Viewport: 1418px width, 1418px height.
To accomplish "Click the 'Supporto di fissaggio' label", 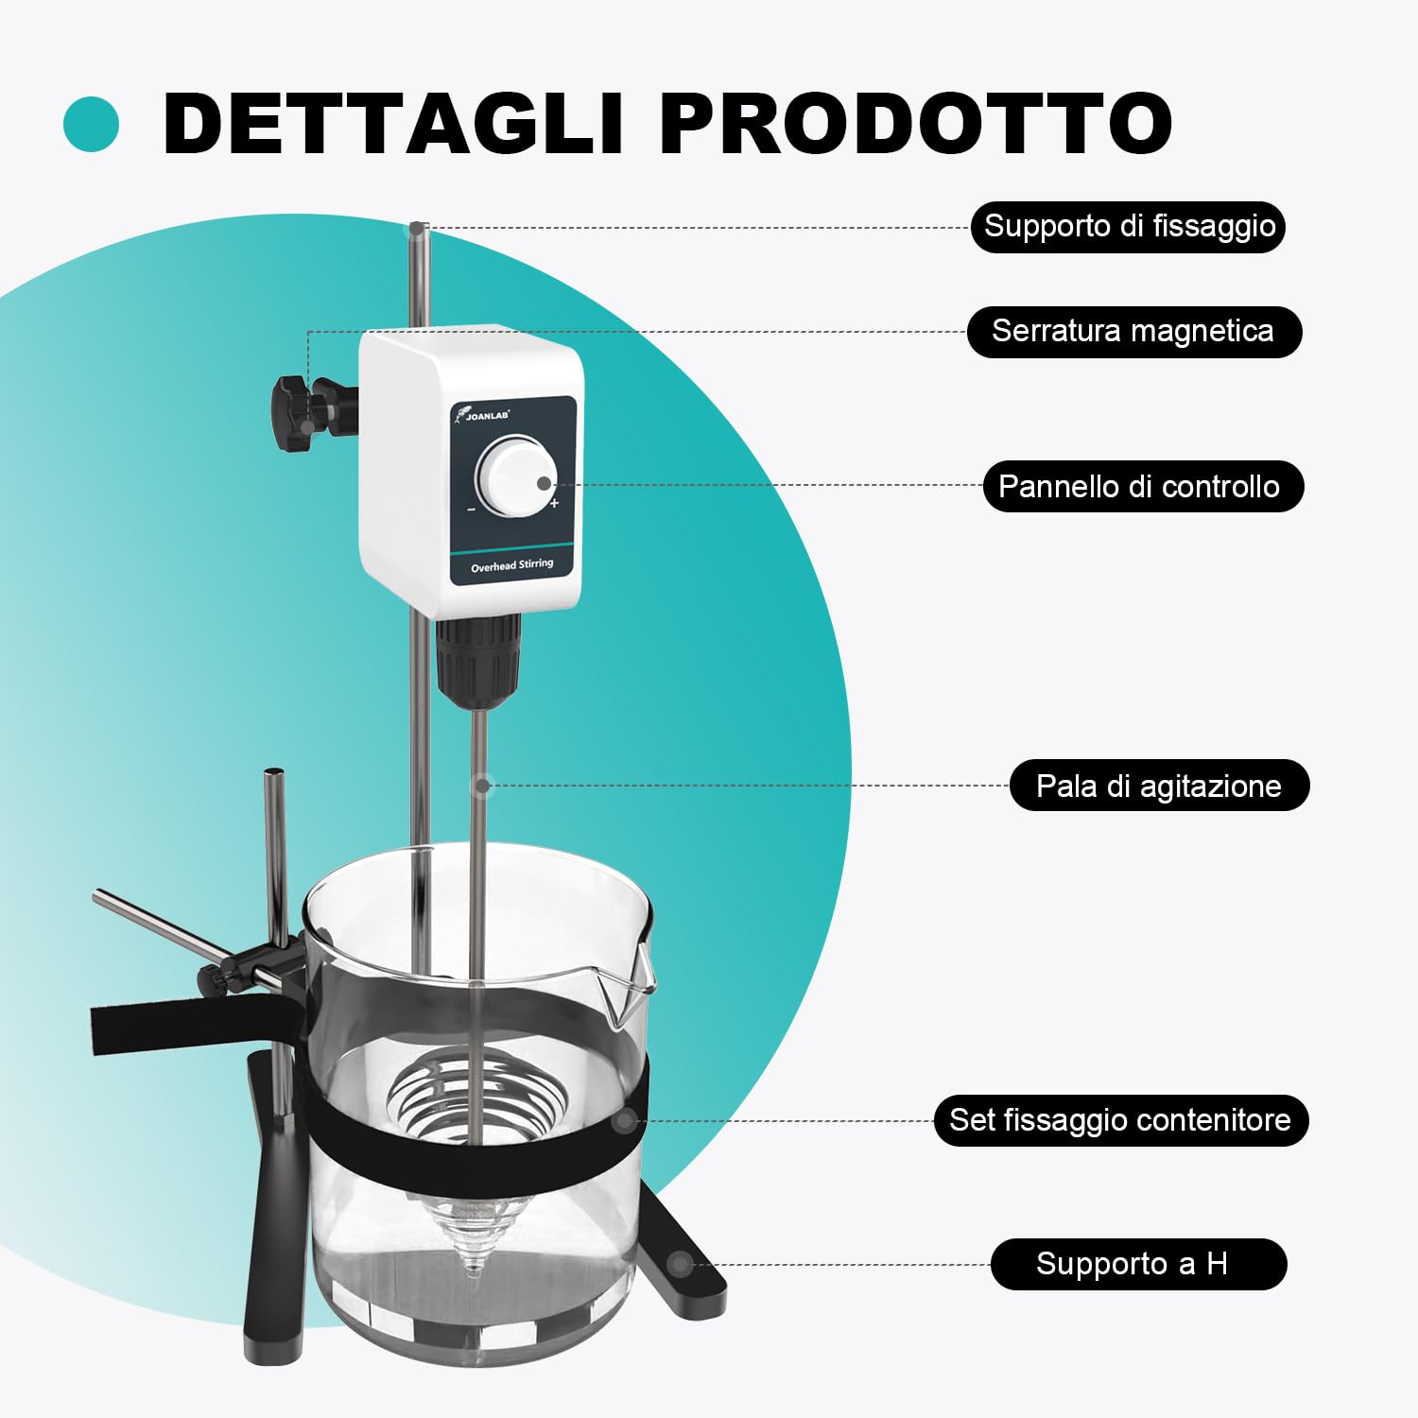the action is [x=1128, y=227].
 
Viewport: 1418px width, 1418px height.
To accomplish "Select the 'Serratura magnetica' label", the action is [x=1133, y=332].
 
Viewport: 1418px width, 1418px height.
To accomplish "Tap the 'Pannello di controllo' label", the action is [x=1143, y=487].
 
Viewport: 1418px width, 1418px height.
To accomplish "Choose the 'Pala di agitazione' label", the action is [x=1159, y=786].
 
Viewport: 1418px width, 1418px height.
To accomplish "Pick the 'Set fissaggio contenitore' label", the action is [x=1121, y=1120].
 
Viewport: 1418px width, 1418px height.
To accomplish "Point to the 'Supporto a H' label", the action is [x=1138, y=1264].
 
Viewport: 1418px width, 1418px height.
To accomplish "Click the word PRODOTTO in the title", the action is [x=916, y=124].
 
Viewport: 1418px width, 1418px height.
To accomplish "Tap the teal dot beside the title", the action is [x=92, y=125].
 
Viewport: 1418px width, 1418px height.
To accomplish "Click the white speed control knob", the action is [x=515, y=476].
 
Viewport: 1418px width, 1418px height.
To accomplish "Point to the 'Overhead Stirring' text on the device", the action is [x=512, y=565].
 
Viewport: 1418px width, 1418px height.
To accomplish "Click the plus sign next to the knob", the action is [x=554, y=503].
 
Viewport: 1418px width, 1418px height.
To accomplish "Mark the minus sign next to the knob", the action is [x=471, y=510].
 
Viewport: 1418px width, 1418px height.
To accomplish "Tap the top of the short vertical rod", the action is [x=274, y=772].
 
